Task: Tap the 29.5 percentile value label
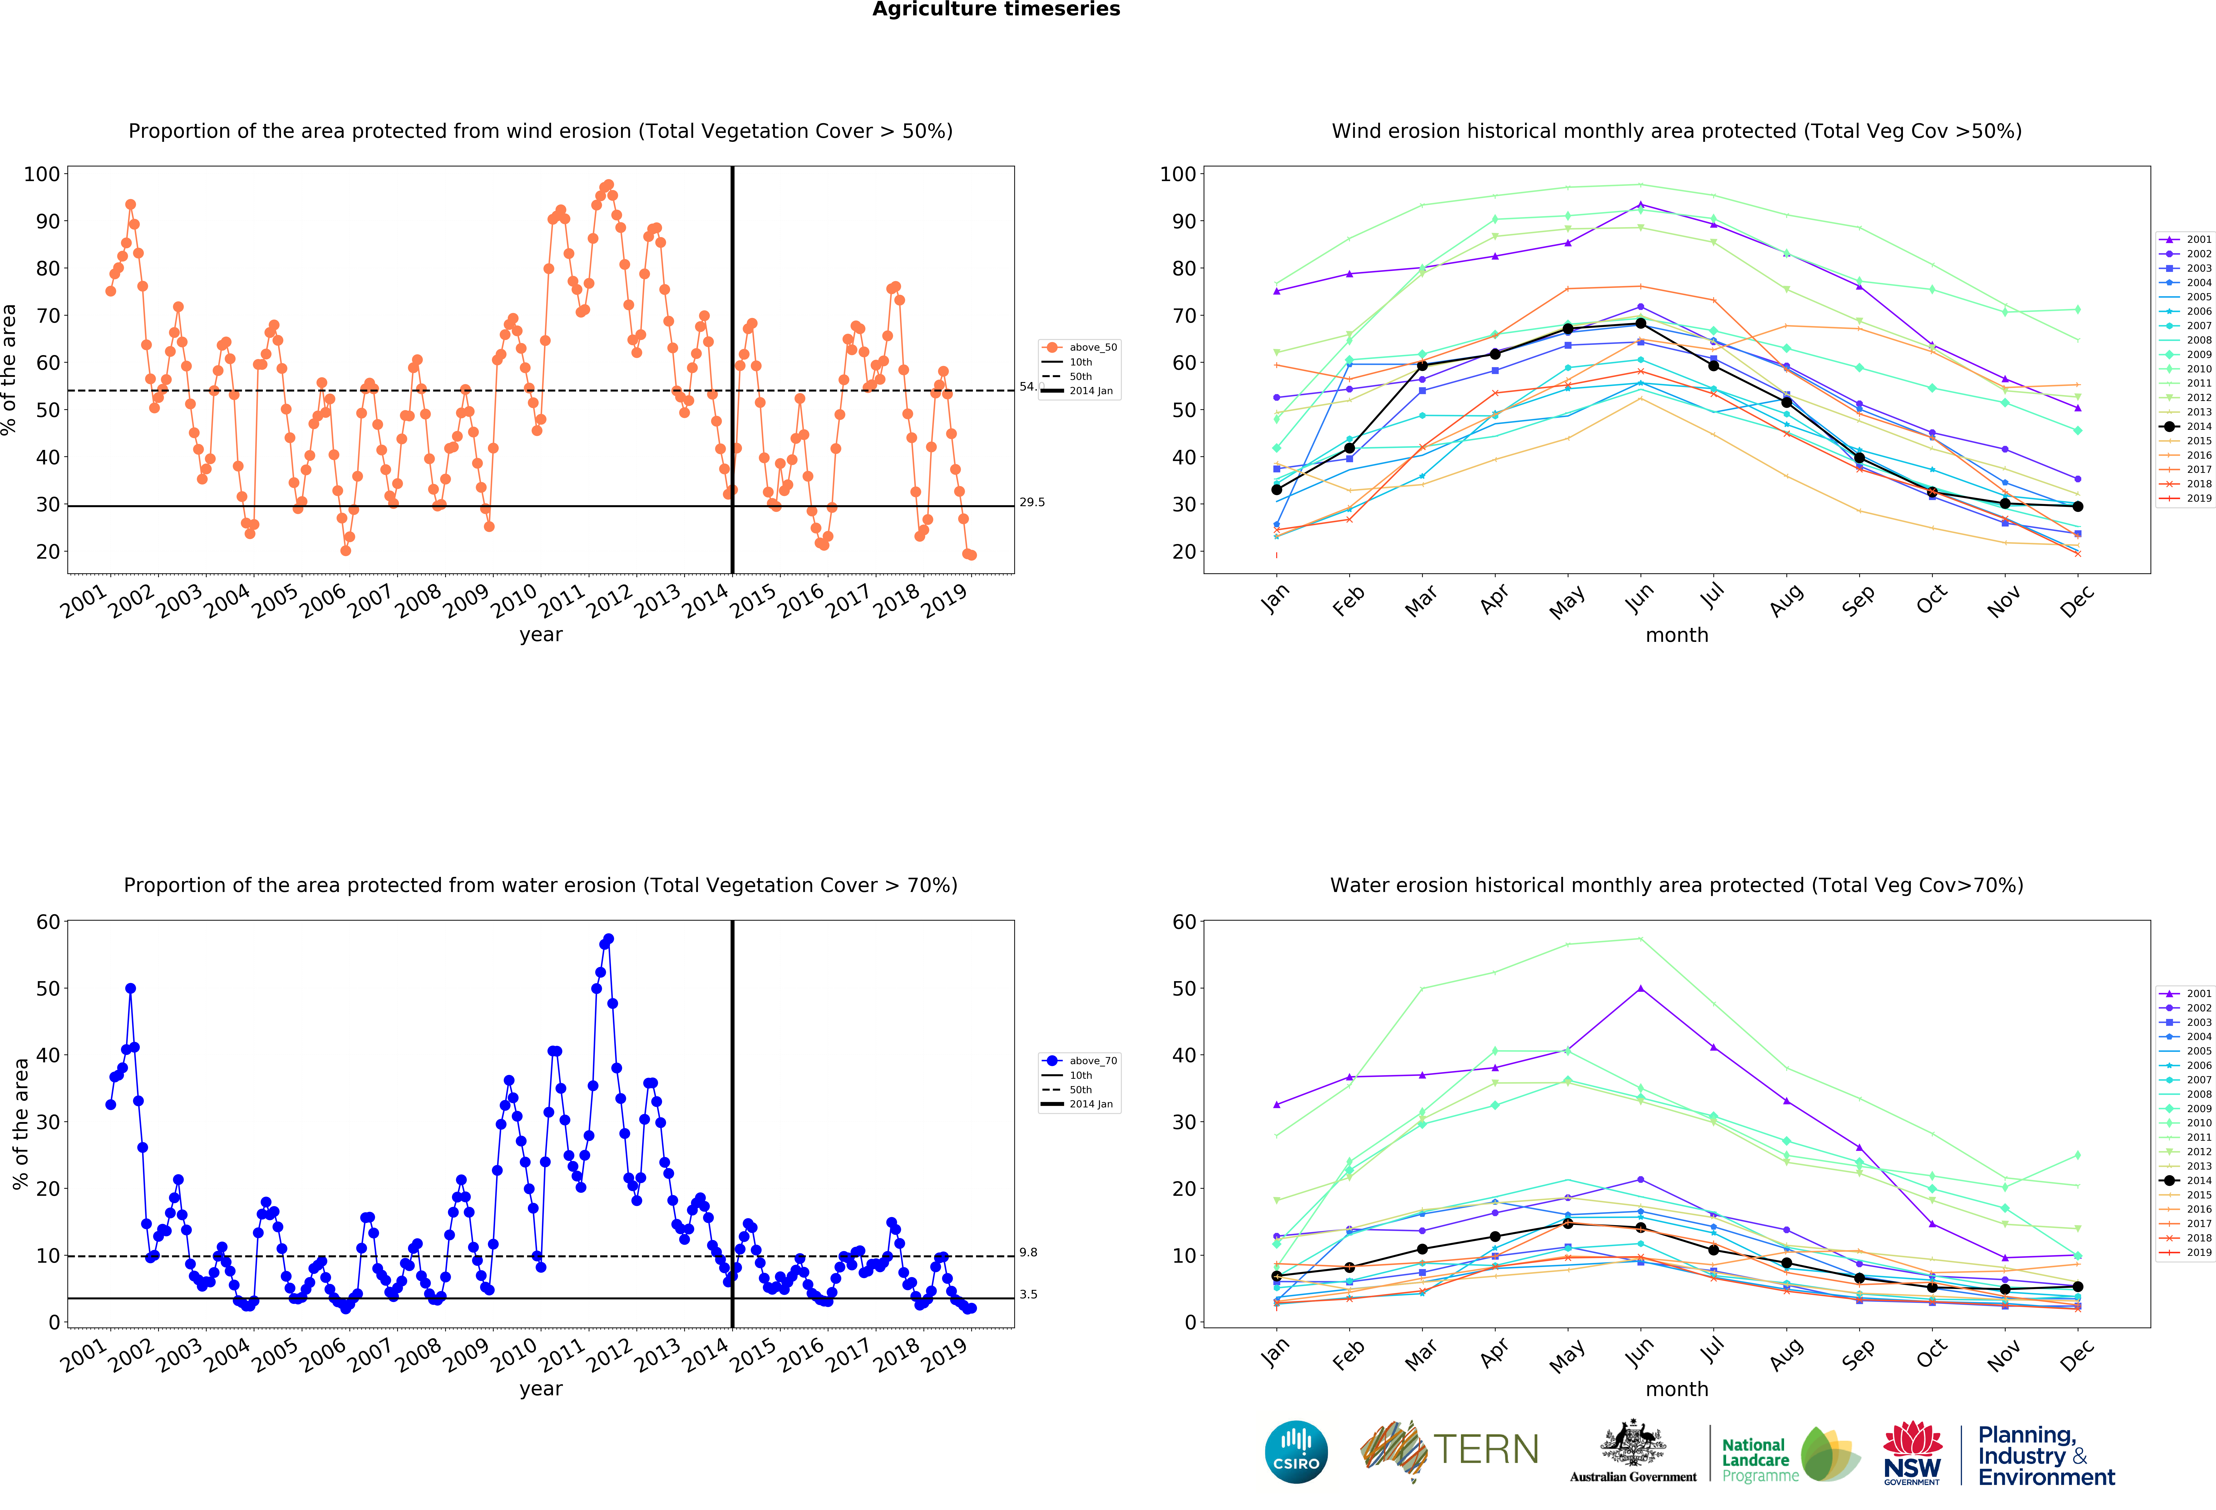pyautogui.click(x=1032, y=502)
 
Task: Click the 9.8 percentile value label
pyautogui.click(x=1028, y=1253)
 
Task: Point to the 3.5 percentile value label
pyautogui.click(x=1028, y=1295)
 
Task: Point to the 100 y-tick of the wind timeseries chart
pyautogui.click(x=42, y=174)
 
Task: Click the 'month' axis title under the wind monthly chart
pyautogui.click(x=1676, y=635)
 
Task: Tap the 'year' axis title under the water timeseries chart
pyautogui.click(x=541, y=1389)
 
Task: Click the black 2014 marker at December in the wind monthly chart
pyautogui.click(x=2077, y=506)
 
